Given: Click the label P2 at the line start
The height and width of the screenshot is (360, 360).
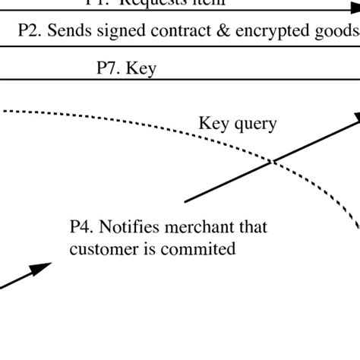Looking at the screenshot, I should pyautogui.click(x=29, y=32).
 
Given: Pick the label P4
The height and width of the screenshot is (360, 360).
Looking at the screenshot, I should pyautogui.click(x=81, y=227).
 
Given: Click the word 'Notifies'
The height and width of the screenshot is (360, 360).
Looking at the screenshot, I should pyautogui.click(x=128, y=227).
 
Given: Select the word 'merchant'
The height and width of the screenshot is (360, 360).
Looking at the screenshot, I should pyautogui.click(x=201, y=227).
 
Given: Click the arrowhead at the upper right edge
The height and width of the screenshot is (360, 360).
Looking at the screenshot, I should pyautogui.click(x=353, y=118).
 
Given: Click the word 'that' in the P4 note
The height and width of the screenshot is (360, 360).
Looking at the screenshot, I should pyautogui.click(x=252, y=227).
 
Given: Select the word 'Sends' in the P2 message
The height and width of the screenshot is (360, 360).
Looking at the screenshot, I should pyautogui.click(x=68, y=32).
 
